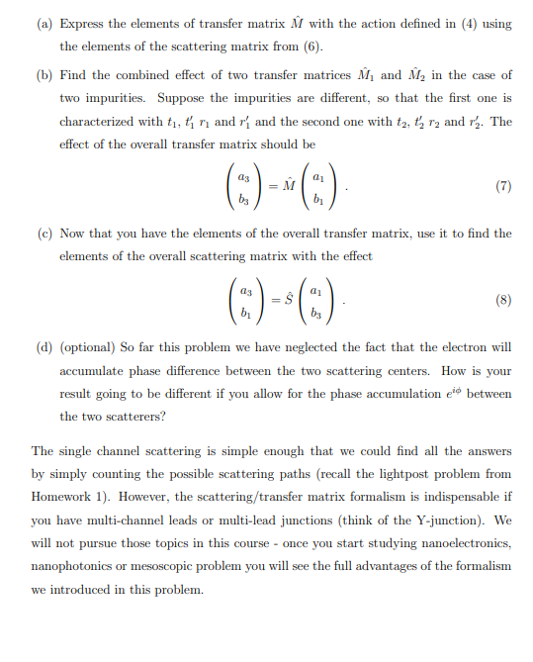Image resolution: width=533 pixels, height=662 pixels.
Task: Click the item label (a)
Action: [x=44, y=22]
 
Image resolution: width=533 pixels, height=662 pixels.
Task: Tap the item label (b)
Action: [x=44, y=76]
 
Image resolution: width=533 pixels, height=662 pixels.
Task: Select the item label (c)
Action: [x=44, y=234]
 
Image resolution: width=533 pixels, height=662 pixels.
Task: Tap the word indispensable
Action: [x=460, y=498]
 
